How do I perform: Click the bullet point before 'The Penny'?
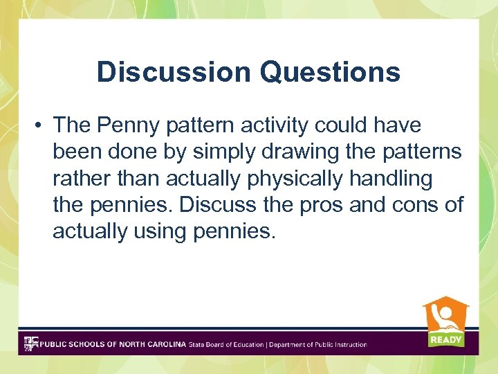pos(41,126)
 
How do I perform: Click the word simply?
pos(208,152)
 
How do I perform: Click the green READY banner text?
pos(446,339)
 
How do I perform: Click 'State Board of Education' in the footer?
pos(226,344)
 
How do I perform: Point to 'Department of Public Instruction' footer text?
pos(318,344)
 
